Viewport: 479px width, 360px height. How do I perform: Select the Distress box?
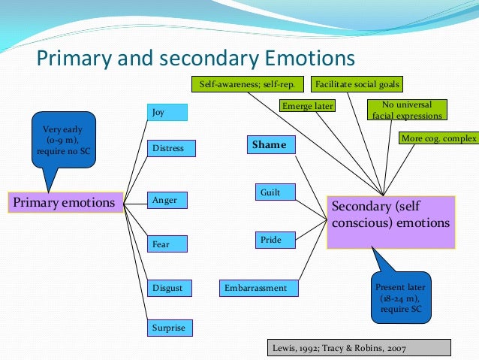[x=172, y=148]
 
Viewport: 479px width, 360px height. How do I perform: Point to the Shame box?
[x=271, y=145]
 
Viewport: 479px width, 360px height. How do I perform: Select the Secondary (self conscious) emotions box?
[x=390, y=222]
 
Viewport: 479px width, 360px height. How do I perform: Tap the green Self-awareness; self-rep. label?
[x=247, y=84]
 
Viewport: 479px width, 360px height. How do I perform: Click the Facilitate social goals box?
[x=357, y=84]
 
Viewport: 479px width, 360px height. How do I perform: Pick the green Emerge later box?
[x=308, y=106]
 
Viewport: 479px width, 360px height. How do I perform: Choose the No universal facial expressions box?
[x=408, y=110]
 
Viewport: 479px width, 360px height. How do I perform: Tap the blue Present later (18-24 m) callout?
[x=401, y=297]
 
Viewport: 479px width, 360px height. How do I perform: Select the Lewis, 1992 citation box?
[x=359, y=347]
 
